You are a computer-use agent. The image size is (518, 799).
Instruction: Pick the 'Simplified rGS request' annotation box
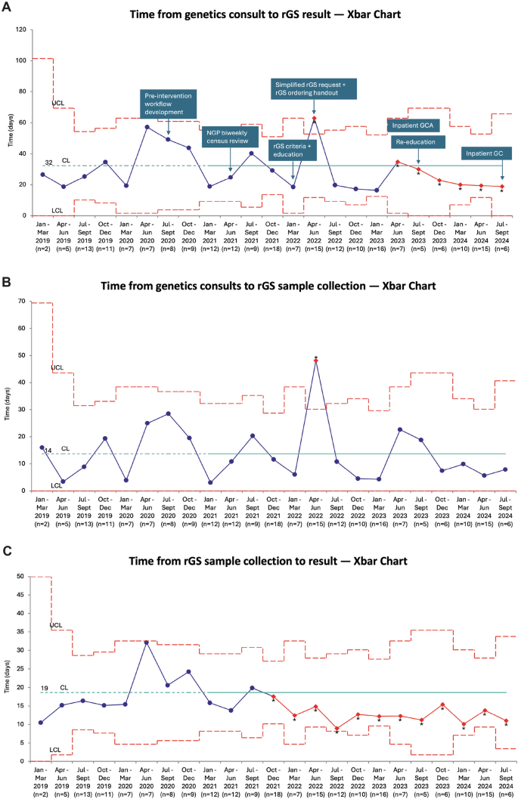314,88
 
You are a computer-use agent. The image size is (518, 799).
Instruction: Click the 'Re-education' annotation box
419,141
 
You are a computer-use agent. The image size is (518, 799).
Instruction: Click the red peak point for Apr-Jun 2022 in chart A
314,119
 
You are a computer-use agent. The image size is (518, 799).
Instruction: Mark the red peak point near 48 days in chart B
315,361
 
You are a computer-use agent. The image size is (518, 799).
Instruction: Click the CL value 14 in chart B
47,451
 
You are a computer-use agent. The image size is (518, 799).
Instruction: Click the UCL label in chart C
57,626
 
